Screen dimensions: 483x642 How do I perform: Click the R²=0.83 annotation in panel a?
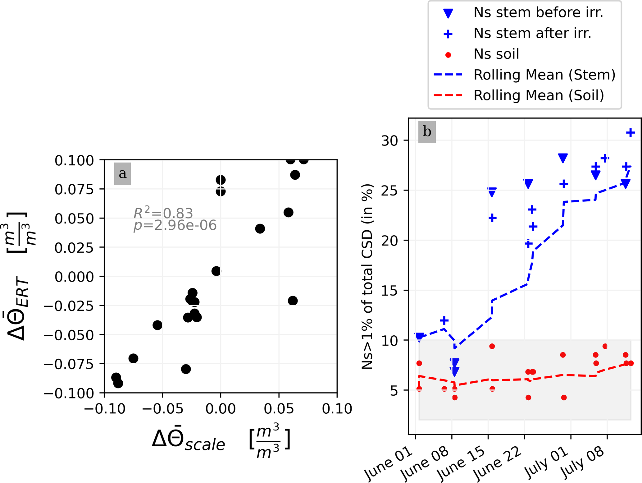click(x=163, y=213)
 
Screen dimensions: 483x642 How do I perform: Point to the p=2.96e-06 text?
click(x=175, y=225)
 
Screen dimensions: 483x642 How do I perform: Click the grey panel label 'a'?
click(x=123, y=174)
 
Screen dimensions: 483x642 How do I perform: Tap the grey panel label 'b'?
click(x=427, y=132)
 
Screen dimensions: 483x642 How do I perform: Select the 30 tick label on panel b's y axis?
click(x=389, y=141)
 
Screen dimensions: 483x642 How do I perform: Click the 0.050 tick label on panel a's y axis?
click(x=74, y=219)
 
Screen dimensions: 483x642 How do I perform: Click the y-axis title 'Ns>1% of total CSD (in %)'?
click(x=367, y=277)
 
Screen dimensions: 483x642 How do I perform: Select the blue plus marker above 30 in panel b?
click(x=630, y=133)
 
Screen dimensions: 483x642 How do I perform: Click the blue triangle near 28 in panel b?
click(x=563, y=158)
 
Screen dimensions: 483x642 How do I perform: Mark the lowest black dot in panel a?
click(x=118, y=383)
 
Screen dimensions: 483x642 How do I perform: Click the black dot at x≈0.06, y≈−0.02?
click(x=293, y=301)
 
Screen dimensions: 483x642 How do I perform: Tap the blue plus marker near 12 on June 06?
click(x=444, y=320)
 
